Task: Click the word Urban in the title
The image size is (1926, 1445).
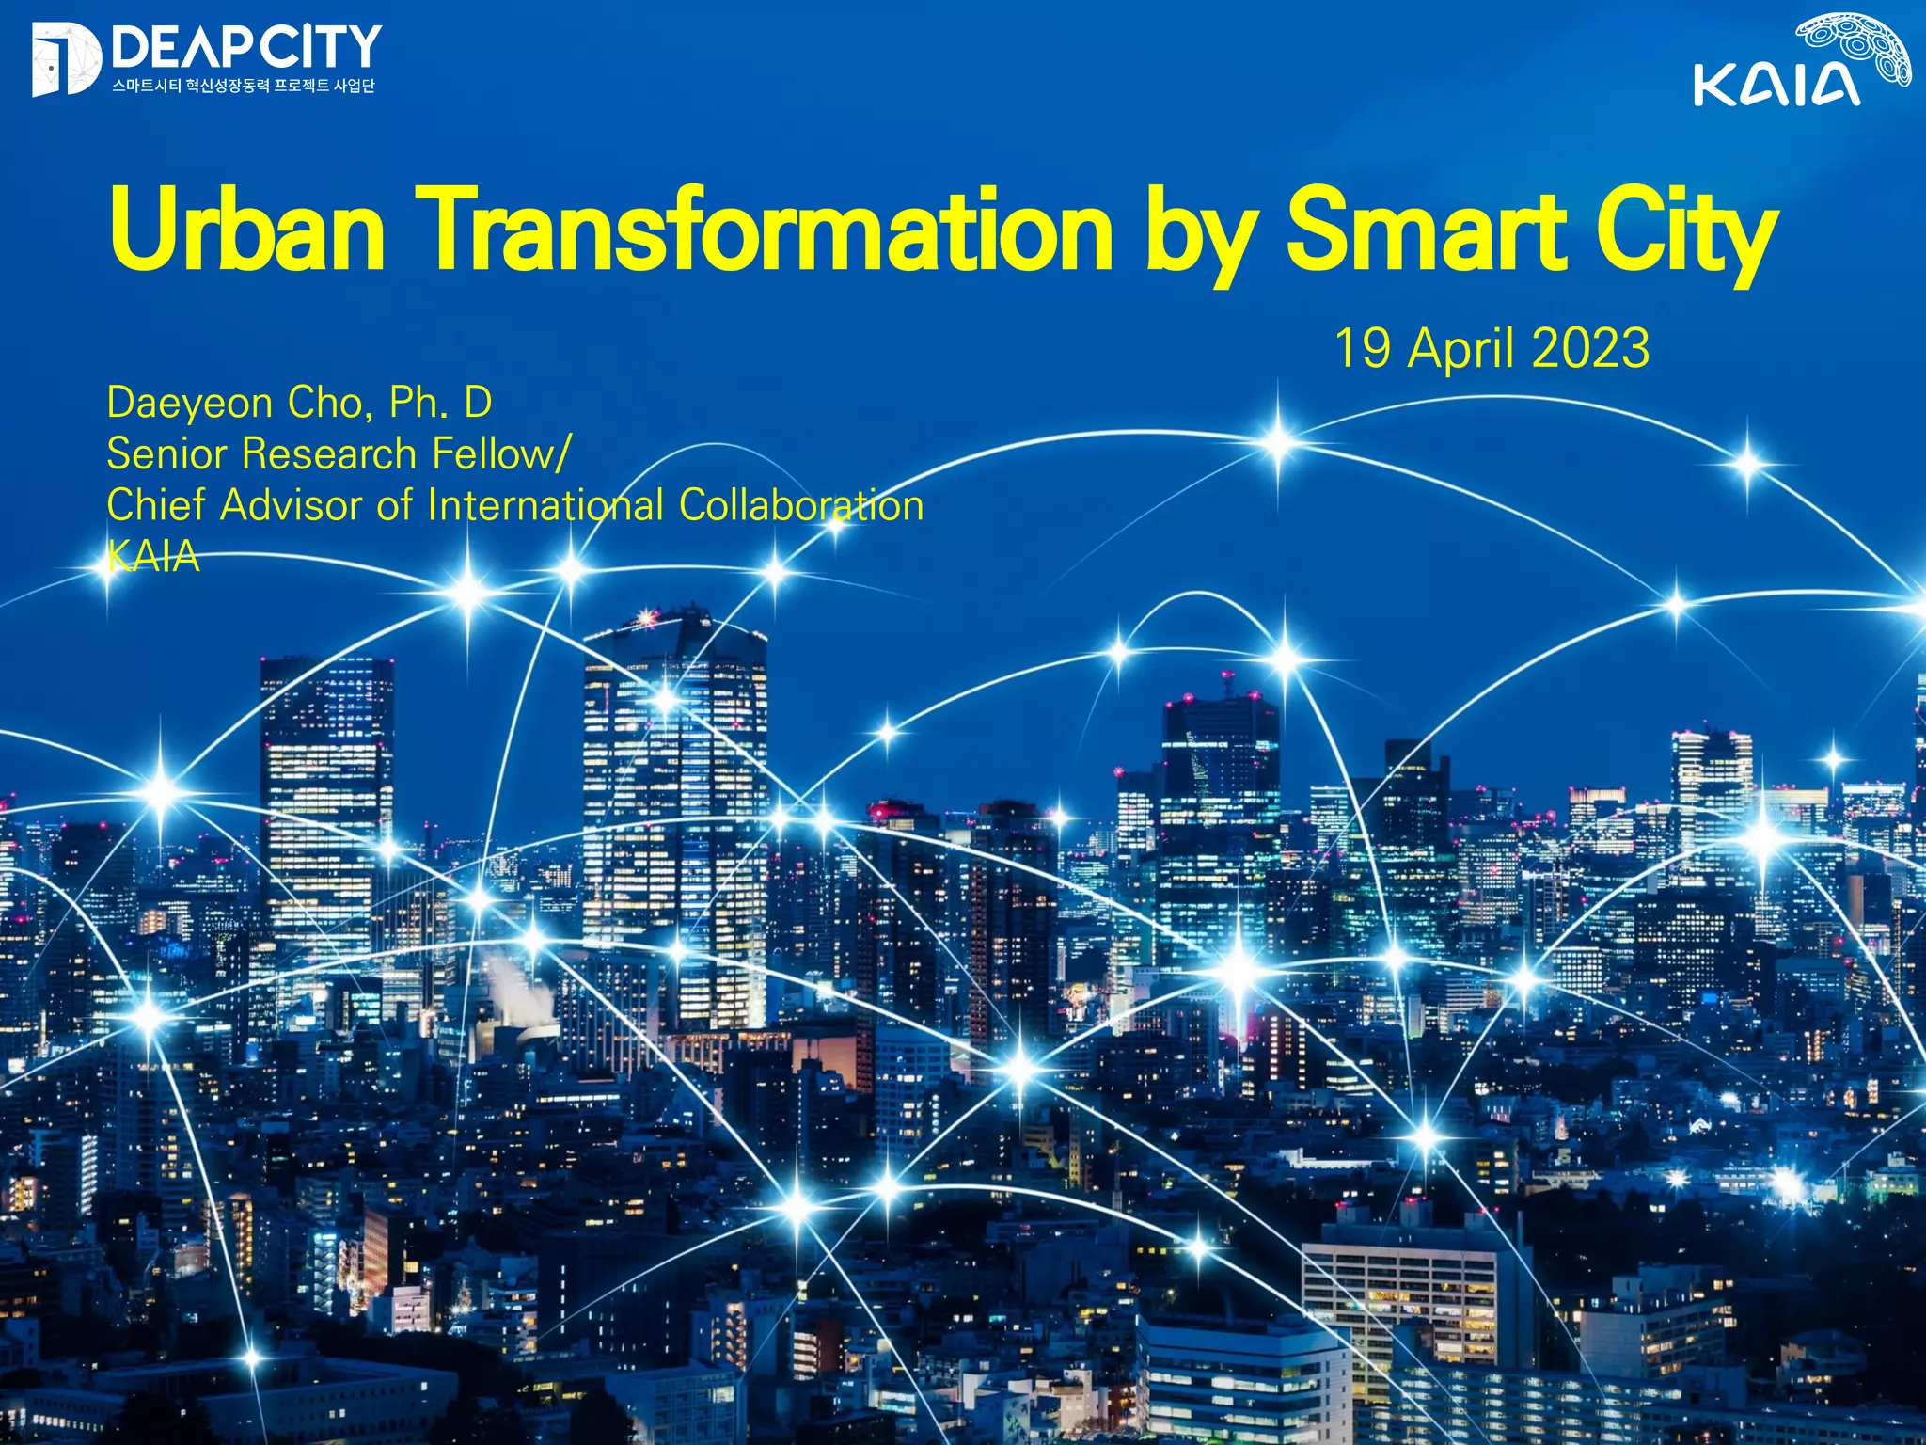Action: [246, 229]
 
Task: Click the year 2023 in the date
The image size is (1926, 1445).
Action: [1590, 348]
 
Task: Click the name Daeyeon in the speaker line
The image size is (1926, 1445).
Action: [189, 405]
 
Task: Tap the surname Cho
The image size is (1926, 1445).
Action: [322, 403]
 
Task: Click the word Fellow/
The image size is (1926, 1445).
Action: [500, 454]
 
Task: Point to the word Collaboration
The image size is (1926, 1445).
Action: [801, 506]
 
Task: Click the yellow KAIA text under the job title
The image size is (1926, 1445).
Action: [153, 557]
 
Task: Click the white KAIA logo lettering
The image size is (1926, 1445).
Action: [1776, 85]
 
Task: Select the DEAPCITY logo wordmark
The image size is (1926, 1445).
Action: [246, 47]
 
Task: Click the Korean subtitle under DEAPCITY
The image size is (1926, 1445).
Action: [244, 86]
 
